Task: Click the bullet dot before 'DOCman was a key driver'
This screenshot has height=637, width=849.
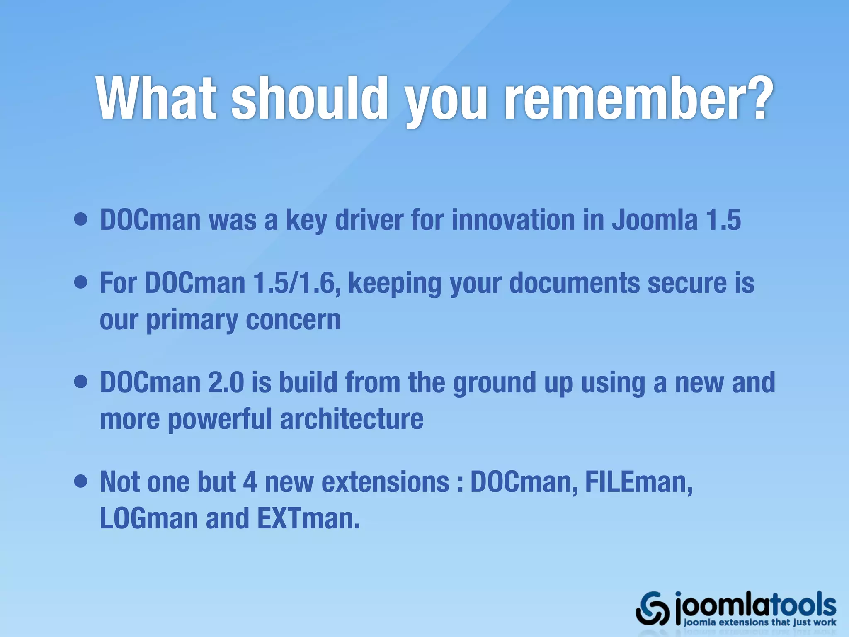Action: [81, 219]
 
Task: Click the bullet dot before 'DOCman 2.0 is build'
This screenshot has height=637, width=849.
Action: [81, 382]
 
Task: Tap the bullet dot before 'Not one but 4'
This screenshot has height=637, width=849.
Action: [81, 481]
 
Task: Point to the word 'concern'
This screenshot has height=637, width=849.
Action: [293, 320]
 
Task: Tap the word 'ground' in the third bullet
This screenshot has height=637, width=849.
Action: [495, 382]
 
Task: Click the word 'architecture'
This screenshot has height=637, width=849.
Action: [352, 419]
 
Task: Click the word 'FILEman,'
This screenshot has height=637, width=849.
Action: [639, 482]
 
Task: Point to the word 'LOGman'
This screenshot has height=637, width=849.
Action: [149, 518]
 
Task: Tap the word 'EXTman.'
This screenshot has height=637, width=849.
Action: [308, 518]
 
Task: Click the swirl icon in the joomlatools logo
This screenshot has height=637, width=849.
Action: [653, 608]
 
